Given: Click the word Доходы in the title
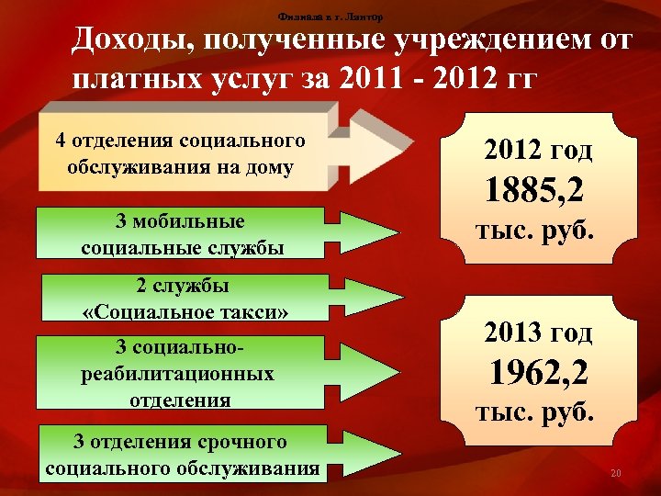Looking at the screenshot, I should coord(130,41).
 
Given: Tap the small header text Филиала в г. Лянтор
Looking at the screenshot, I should coord(330,17).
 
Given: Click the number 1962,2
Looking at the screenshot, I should coord(538,373).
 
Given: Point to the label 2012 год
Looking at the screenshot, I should coord(538,151).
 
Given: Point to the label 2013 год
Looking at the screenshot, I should coord(538,333).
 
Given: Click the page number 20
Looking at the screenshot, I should coord(615,474).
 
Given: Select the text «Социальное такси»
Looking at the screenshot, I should coord(185,312).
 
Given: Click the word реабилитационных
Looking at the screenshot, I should coord(177,375).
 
